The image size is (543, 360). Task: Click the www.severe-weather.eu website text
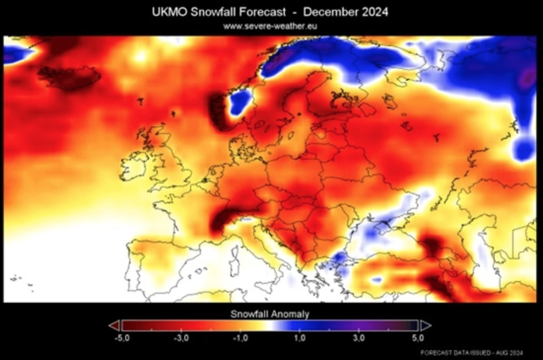pos(270,26)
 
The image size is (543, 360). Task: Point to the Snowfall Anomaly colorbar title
pos(270,314)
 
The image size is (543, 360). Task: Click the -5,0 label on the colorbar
pos(122,338)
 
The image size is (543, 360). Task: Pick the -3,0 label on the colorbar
pos(181,338)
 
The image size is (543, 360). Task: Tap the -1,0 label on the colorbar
pos(240,338)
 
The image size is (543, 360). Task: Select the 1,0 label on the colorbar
pos(300,338)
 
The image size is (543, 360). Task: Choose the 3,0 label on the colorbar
pos(359,338)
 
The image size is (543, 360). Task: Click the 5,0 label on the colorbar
pos(418,338)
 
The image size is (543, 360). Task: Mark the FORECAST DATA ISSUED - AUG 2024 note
pos(472,353)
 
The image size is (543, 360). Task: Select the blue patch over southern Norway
pos(240,103)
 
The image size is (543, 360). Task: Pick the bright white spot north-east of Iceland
pos(140,56)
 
